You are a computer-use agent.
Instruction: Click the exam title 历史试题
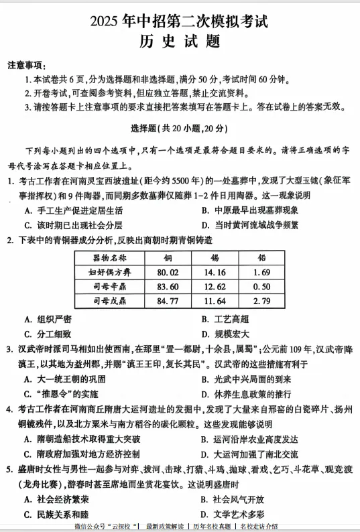180,41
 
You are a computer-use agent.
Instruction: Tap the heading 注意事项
26,65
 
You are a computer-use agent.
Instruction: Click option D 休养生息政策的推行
245,393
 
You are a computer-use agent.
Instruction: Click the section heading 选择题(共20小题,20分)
179,129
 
